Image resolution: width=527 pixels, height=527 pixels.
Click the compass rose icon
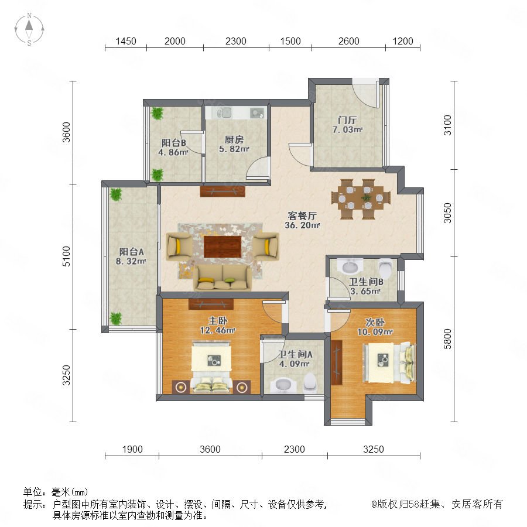click(x=29, y=29)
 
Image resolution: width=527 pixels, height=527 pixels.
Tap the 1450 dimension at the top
click(x=126, y=42)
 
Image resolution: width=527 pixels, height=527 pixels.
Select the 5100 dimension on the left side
click(x=67, y=256)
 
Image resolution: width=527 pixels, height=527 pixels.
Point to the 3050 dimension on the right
click(x=447, y=213)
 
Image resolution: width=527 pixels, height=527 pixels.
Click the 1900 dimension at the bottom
click(x=132, y=449)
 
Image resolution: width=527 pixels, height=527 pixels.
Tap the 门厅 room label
click(x=347, y=120)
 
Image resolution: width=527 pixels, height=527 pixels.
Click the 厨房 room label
click(x=234, y=139)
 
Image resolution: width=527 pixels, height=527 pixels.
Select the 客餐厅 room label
click(x=302, y=215)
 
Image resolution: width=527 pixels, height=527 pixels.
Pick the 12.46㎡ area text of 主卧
click(x=217, y=330)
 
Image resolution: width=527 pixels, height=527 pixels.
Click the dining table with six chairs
click(x=361, y=199)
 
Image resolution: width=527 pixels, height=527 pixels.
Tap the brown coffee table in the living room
click(x=223, y=247)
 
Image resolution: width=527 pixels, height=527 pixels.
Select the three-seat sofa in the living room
click(x=223, y=278)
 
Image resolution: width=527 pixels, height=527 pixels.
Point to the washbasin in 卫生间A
click(x=285, y=385)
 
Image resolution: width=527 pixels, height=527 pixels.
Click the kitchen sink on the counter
click(x=224, y=112)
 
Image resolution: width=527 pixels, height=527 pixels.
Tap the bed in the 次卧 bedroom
click(x=389, y=362)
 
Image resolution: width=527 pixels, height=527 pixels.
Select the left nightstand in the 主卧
click(x=181, y=387)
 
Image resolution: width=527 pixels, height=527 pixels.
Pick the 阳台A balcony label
click(x=131, y=252)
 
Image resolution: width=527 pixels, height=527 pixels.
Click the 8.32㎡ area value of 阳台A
click(x=131, y=261)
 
